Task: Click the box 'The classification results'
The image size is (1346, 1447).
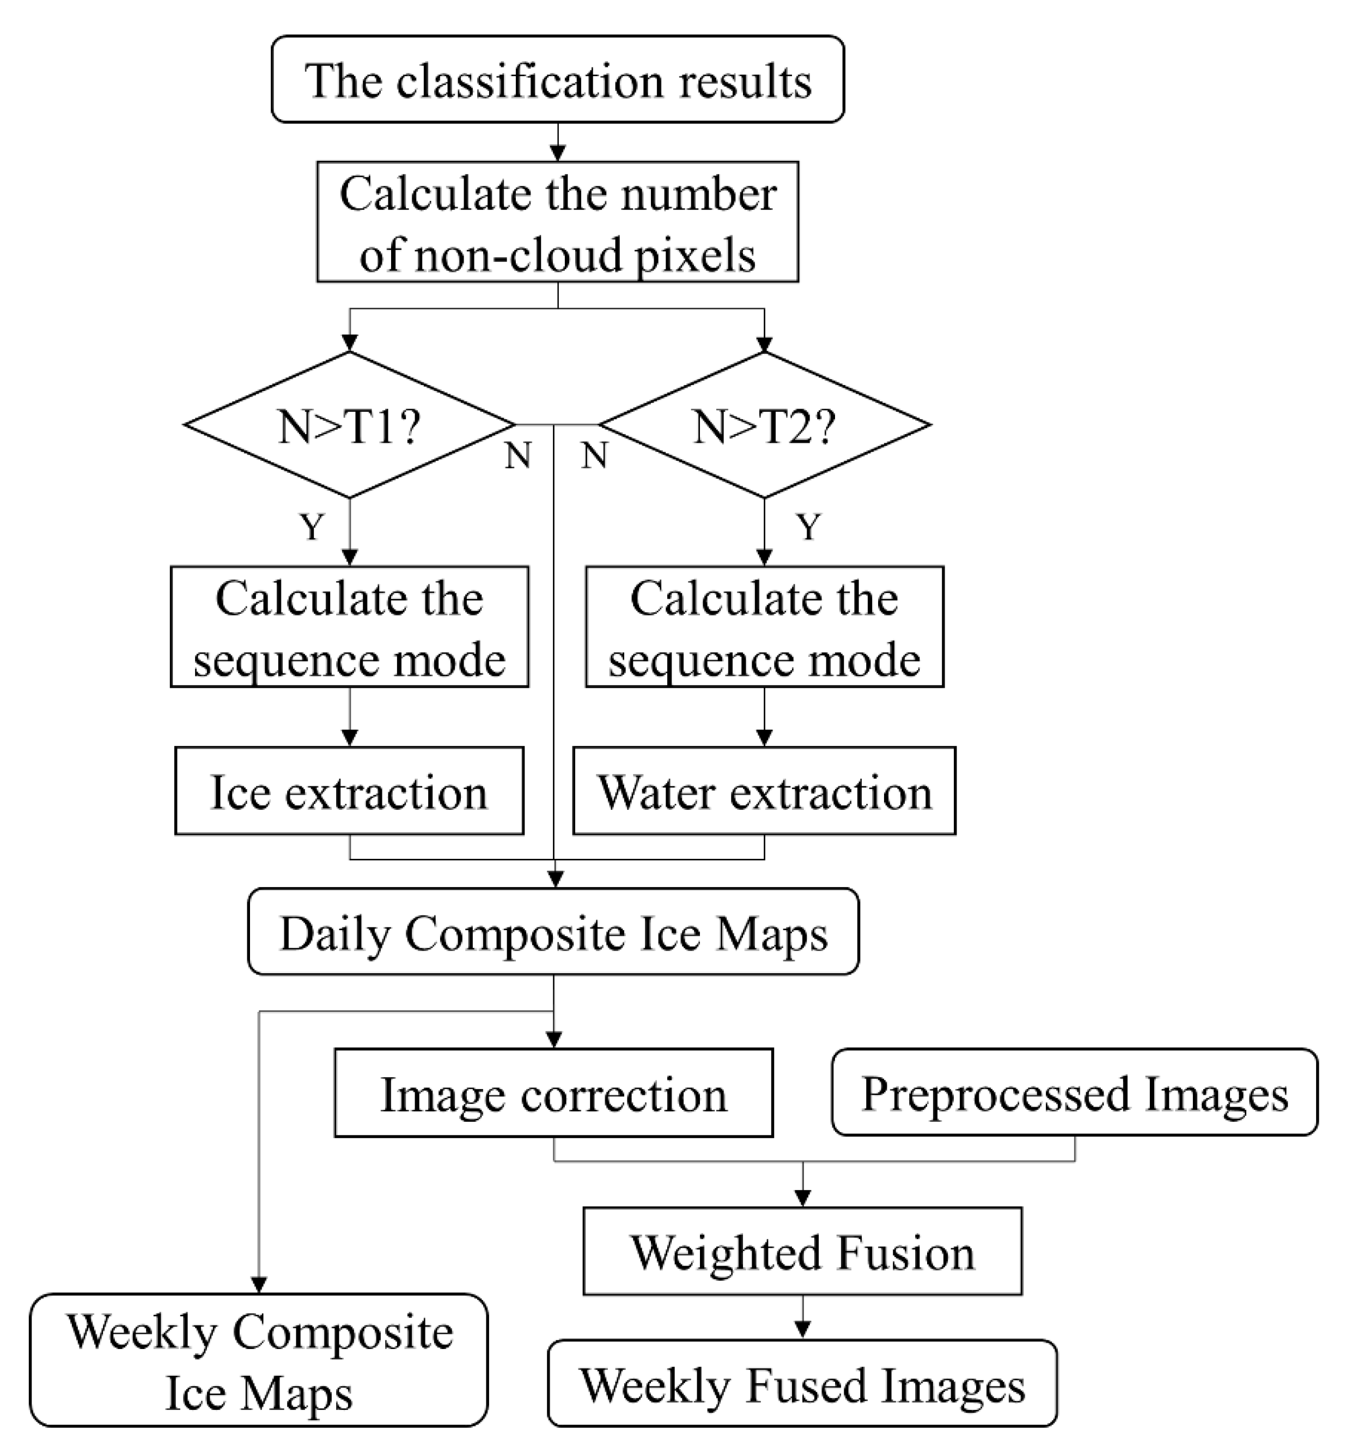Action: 558,80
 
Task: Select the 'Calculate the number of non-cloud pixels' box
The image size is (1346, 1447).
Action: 558,222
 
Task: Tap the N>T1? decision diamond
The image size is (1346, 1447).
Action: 349,426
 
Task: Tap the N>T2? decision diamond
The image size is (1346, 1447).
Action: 764,426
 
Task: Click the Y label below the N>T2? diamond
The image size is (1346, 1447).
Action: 808,526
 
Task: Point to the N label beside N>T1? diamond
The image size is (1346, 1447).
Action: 517,456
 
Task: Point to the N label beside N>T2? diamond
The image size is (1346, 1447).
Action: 594,456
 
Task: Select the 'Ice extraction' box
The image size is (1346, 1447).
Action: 349,791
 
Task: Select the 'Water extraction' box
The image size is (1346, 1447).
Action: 764,791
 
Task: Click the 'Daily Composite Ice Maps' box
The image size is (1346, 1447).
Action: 553,932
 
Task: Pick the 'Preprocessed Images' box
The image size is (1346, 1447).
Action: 1075,1092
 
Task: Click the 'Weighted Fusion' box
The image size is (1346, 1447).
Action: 802,1253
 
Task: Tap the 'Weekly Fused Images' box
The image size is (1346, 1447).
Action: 802,1384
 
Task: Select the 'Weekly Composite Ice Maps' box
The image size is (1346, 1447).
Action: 259,1362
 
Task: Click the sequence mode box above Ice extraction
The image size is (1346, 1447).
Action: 349,627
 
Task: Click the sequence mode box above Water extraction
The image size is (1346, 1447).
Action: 764,627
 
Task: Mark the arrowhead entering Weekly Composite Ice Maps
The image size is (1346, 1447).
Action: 259,1285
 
